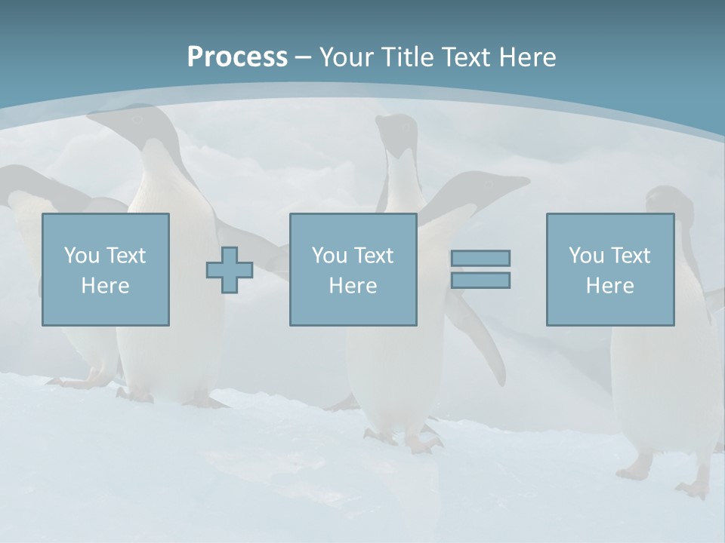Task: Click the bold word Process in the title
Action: pyautogui.click(x=237, y=57)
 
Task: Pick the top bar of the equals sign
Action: pyautogui.click(x=480, y=258)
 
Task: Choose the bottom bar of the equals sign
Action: pyautogui.click(x=480, y=280)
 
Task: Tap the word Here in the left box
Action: pyautogui.click(x=105, y=286)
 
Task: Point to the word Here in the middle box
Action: pyautogui.click(x=353, y=286)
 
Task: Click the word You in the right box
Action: pyautogui.click(x=587, y=256)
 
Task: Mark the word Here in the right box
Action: pyautogui.click(x=609, y=286)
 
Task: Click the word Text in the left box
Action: pyautogui.click(x=126, y=256)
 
